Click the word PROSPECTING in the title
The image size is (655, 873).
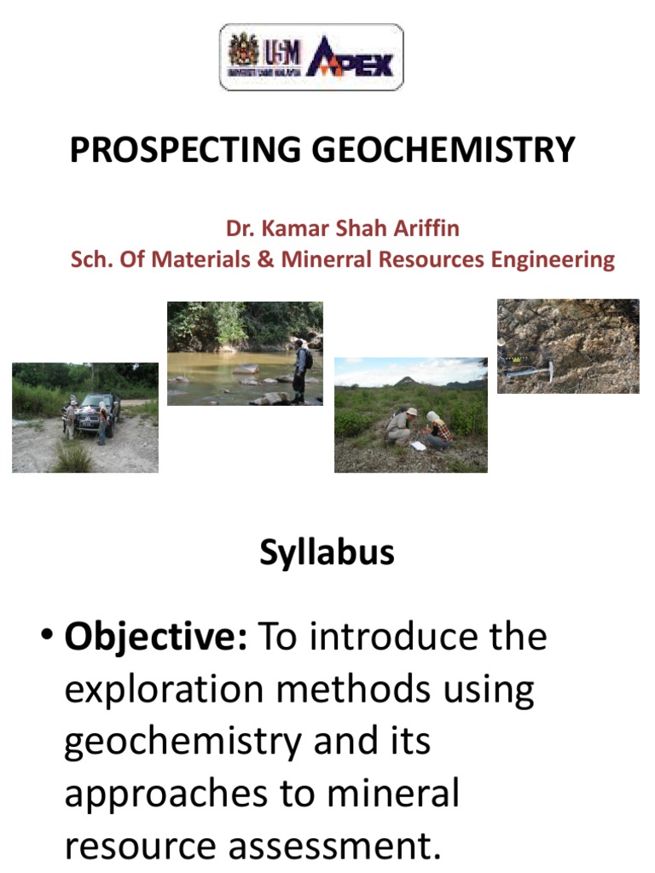185,150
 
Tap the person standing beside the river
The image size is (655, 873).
300,369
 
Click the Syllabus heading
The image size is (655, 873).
327,552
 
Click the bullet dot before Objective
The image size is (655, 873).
48,636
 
